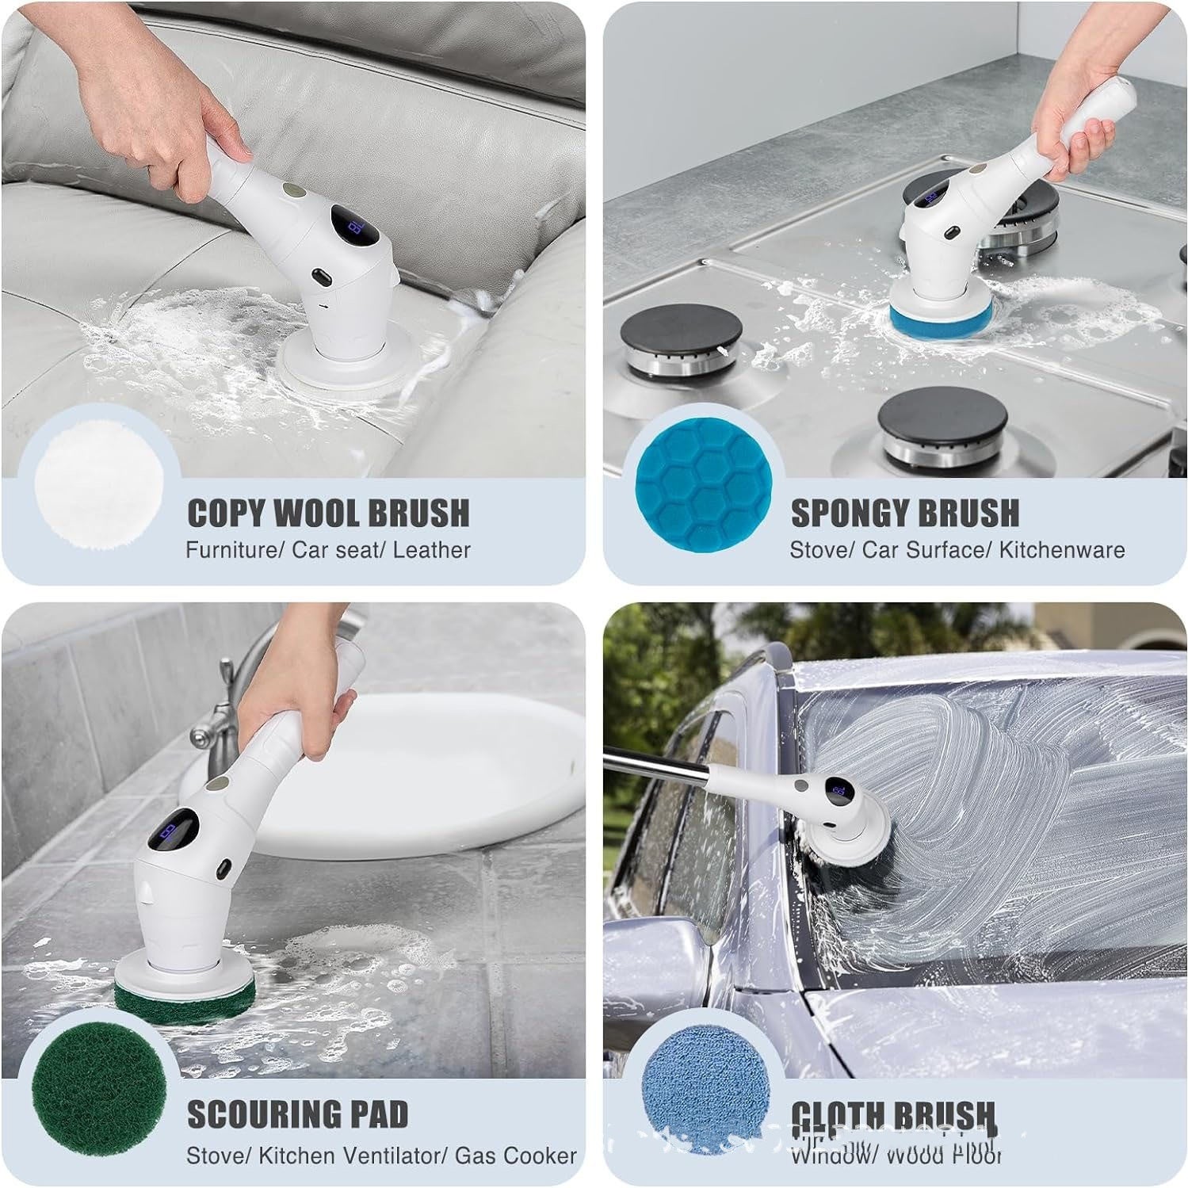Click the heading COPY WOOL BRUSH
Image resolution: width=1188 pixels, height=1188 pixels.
328,514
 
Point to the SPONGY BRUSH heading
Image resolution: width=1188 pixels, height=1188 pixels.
905,514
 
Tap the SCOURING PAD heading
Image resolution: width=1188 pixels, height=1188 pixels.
298,1114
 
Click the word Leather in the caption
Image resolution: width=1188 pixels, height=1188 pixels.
432,550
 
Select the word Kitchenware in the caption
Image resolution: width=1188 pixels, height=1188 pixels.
1062,550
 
